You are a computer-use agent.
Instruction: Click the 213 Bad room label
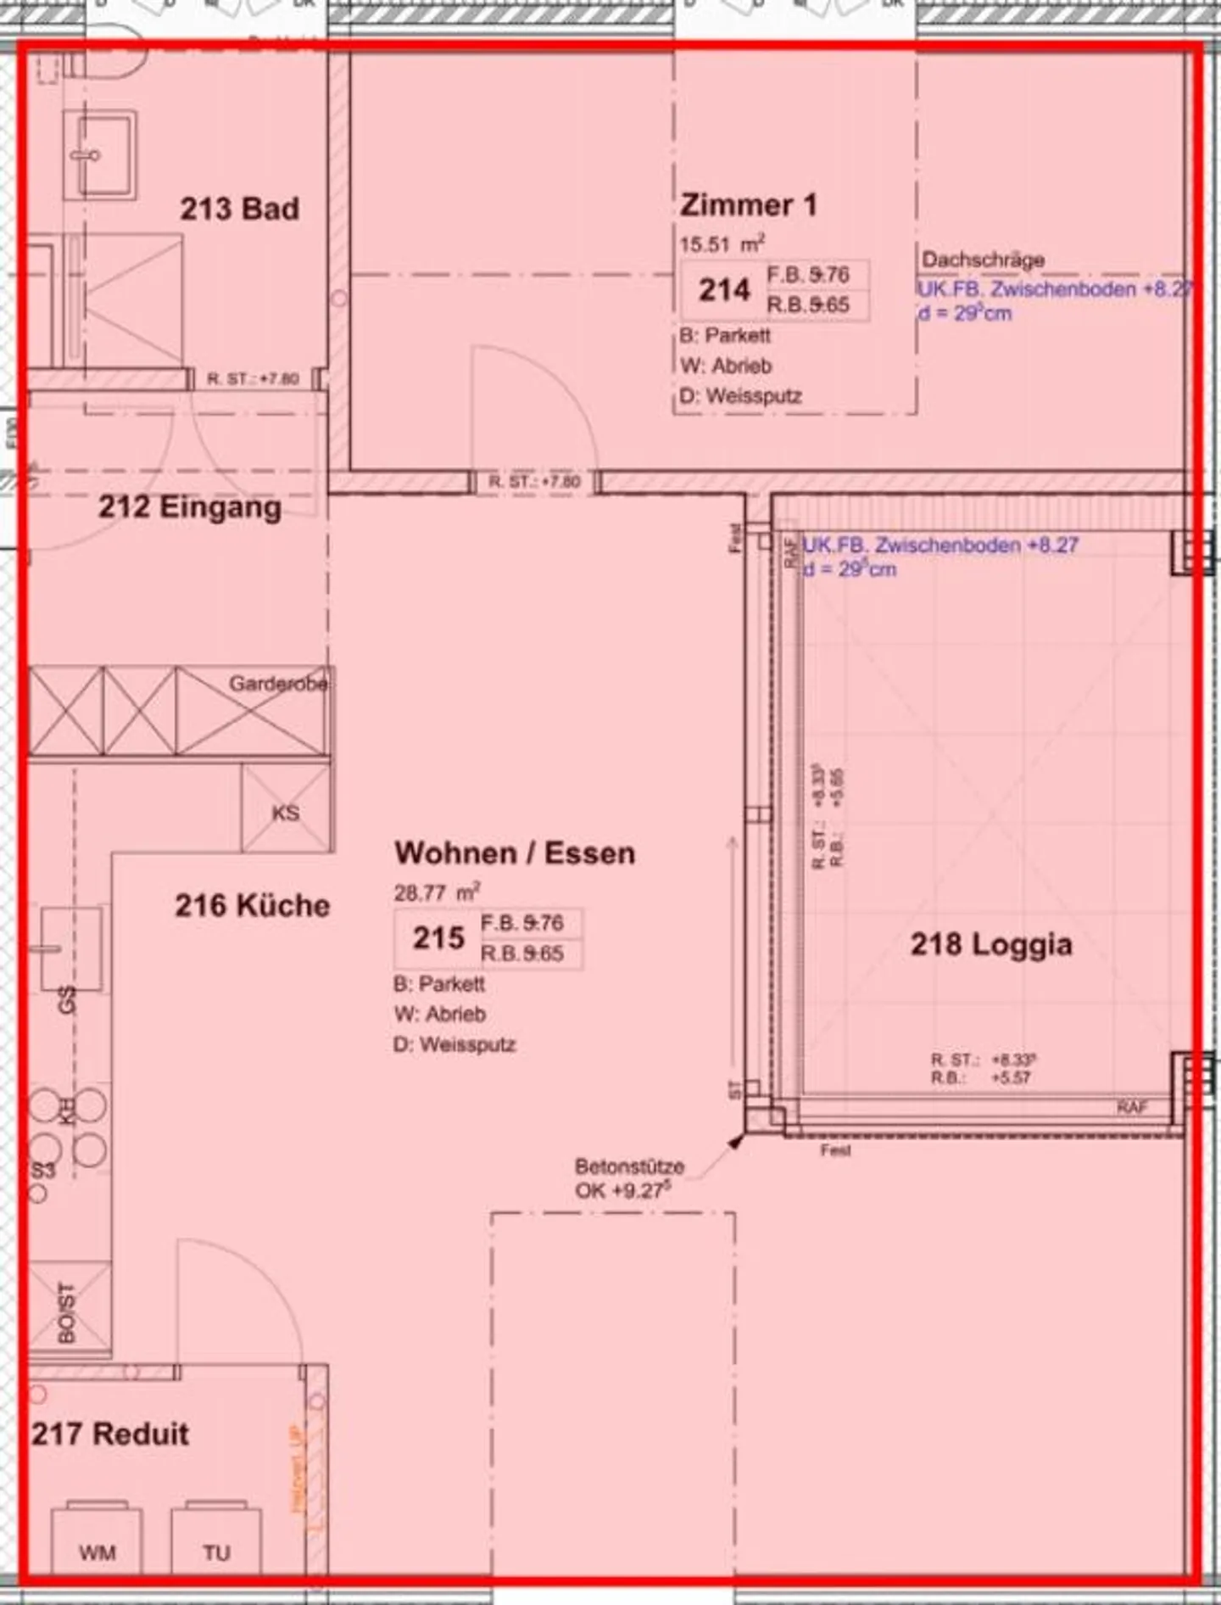click(x=239, y=209)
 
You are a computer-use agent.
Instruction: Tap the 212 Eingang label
click(x=189, y=507)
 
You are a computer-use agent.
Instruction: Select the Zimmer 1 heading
click(x=748, y=205)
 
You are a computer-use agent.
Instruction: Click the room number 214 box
click(x=725, y=290)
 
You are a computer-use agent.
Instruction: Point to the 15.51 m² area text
click(x=722, y=244)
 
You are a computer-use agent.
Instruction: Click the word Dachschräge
click(x=983, y=260)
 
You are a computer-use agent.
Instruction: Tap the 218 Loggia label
click(x=990, y=944)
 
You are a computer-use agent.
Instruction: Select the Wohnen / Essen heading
click(x=515, y=853)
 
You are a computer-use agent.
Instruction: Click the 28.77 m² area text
click(x=437, y=892)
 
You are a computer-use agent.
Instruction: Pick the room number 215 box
click(x=438, y=938)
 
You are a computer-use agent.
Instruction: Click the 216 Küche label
click(x=252, y=905)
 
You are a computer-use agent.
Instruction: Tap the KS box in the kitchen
click(x=286, y=812)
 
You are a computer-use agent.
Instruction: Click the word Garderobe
click(x=278, y=683)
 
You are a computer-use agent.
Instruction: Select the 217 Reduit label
click(x=110, y=1434)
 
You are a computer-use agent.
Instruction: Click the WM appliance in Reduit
click(x=97, y=1552)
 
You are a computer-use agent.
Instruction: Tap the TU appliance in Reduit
click(x=216, y=1552)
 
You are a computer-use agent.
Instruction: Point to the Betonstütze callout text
click(x=628, y=1178)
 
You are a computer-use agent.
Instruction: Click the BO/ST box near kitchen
click(x=67, y=1312)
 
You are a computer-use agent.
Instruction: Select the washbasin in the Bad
click(x=99, y=158)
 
